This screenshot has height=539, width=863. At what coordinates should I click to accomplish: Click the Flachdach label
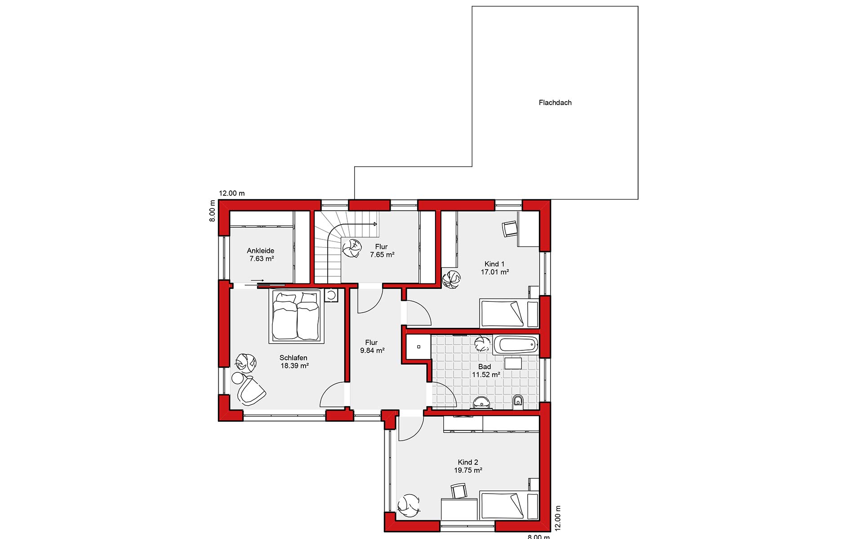[x=555, y=102]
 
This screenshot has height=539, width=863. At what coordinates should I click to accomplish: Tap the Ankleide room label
[x=260, y=251]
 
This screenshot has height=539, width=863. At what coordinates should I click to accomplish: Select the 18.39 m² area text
[x=294, y=366]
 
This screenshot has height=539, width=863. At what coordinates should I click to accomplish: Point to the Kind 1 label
[x=494, y=264]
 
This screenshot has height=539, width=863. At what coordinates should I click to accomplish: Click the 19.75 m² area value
[x=468, y=470]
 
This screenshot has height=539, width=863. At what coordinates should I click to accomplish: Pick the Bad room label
[x=485, y=367]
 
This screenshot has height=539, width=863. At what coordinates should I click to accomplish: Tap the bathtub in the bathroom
[x=516, y=345]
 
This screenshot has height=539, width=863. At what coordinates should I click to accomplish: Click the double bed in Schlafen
[x=297, y=316]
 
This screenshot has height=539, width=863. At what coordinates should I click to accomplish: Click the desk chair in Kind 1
[x=510, y=228]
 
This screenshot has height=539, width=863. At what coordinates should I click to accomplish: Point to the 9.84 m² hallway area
[x=372, y=350]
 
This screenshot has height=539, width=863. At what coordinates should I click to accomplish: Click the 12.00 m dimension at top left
[x=231, y=194]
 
